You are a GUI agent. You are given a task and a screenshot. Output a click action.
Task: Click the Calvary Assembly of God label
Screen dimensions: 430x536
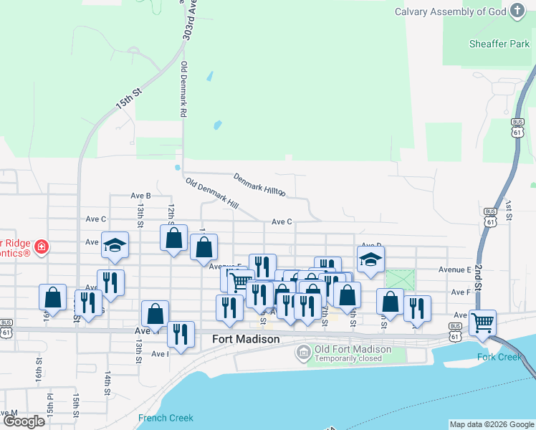point(450,11)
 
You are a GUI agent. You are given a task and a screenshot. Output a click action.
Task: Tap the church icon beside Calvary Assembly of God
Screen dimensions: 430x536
point(518,11)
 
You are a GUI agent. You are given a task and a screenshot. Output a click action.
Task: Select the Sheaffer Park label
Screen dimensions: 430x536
point(499,44)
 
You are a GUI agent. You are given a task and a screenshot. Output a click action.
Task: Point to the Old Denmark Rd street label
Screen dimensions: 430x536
point(184,90)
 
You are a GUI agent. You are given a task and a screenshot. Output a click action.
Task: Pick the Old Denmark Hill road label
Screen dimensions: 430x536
point(211,193)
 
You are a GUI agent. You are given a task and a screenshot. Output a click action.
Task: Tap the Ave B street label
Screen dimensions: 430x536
point(140,195)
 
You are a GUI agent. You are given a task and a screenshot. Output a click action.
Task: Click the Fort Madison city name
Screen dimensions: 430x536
point(246,339)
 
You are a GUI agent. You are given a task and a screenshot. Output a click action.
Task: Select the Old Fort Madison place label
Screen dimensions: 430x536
point(343,349)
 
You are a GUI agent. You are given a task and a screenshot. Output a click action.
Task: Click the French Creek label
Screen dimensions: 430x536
point(166,418)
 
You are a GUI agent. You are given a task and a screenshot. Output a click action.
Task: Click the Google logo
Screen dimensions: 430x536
point(23,421)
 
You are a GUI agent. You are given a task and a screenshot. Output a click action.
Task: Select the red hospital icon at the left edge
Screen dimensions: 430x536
point(42,247)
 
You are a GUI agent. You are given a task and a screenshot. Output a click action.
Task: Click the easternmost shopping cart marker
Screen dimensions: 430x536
point(483,322)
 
